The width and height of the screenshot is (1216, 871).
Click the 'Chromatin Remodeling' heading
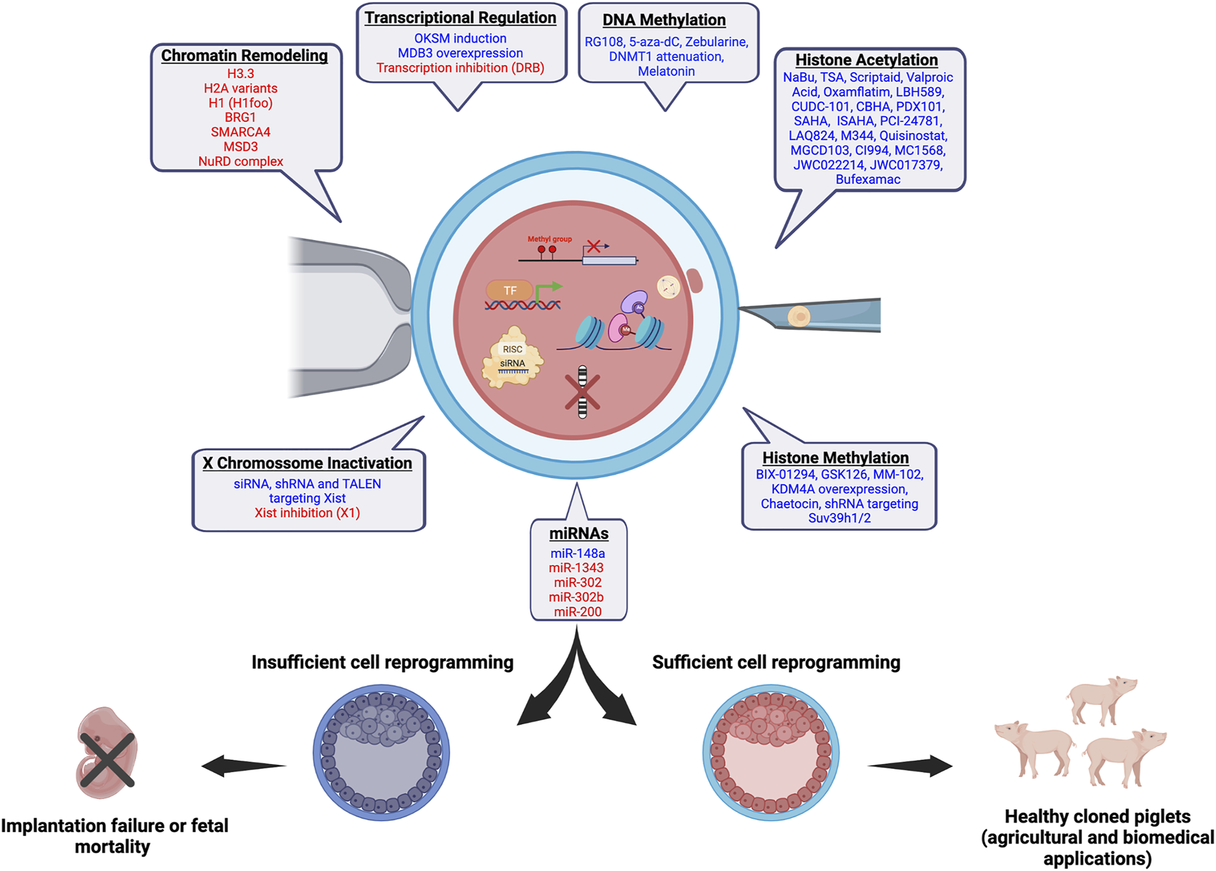244,56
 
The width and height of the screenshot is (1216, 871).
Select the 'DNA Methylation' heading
664,21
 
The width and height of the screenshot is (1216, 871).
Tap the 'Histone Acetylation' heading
866,60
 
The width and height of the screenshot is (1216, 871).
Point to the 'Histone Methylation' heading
835,458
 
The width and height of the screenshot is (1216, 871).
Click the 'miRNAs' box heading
578,534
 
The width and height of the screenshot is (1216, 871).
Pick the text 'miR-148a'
578,553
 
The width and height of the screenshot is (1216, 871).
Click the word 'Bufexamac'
867,180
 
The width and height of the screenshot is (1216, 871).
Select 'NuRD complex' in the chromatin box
240,162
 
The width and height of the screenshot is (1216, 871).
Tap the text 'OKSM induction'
460,39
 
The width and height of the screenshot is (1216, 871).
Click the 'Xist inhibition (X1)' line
307,513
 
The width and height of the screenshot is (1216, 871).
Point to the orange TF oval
510,291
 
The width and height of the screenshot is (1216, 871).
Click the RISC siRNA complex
513,359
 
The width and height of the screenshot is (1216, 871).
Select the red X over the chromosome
582,392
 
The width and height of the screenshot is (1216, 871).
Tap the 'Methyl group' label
549,239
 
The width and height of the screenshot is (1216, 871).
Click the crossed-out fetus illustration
106,754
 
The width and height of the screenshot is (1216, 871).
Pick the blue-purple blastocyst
381,753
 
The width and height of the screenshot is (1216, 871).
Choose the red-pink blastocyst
771,753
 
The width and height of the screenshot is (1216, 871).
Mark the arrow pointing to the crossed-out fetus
244,765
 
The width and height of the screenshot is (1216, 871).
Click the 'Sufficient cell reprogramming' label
775,663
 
